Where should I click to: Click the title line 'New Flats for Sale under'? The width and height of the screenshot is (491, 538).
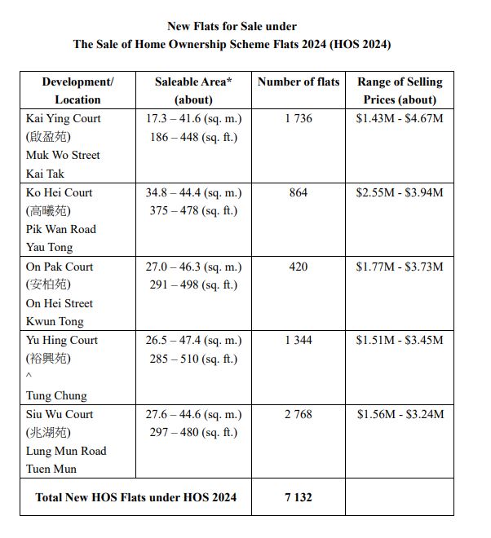tap(232, 27)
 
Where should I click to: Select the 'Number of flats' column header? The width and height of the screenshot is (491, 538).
tap(299, 82)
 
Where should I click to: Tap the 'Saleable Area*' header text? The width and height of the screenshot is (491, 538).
tap(193, 82)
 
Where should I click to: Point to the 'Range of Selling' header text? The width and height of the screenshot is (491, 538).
tap(400, 82)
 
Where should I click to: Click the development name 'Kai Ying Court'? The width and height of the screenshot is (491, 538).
tap(64, 118)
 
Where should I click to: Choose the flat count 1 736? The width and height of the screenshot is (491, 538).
tap(299, 118)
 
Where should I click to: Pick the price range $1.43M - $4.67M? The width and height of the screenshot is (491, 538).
tap(400, 118)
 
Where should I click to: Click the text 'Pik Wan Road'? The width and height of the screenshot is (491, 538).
tap(61, 229)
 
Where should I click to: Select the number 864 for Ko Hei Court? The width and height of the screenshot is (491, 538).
tap(299, 192)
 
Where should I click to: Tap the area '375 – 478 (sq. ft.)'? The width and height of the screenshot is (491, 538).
tap(193, 210)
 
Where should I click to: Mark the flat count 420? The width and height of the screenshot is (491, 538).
tap(299, 267)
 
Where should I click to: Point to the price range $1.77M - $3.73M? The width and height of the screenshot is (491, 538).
tap(400, 267)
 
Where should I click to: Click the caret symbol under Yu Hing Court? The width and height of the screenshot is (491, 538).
tap(29, 377)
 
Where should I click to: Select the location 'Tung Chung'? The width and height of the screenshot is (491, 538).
tap(56, 395)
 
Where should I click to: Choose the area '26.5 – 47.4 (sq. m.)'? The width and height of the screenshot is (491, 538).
tap(193, 340)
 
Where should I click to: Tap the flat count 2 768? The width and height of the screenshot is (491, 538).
tap(299, 414)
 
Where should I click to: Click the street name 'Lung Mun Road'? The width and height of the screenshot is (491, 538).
tap(66, 451)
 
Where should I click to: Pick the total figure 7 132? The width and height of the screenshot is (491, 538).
tap(299, 496)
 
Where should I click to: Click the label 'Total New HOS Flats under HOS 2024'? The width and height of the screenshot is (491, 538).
tap(136, 496)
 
